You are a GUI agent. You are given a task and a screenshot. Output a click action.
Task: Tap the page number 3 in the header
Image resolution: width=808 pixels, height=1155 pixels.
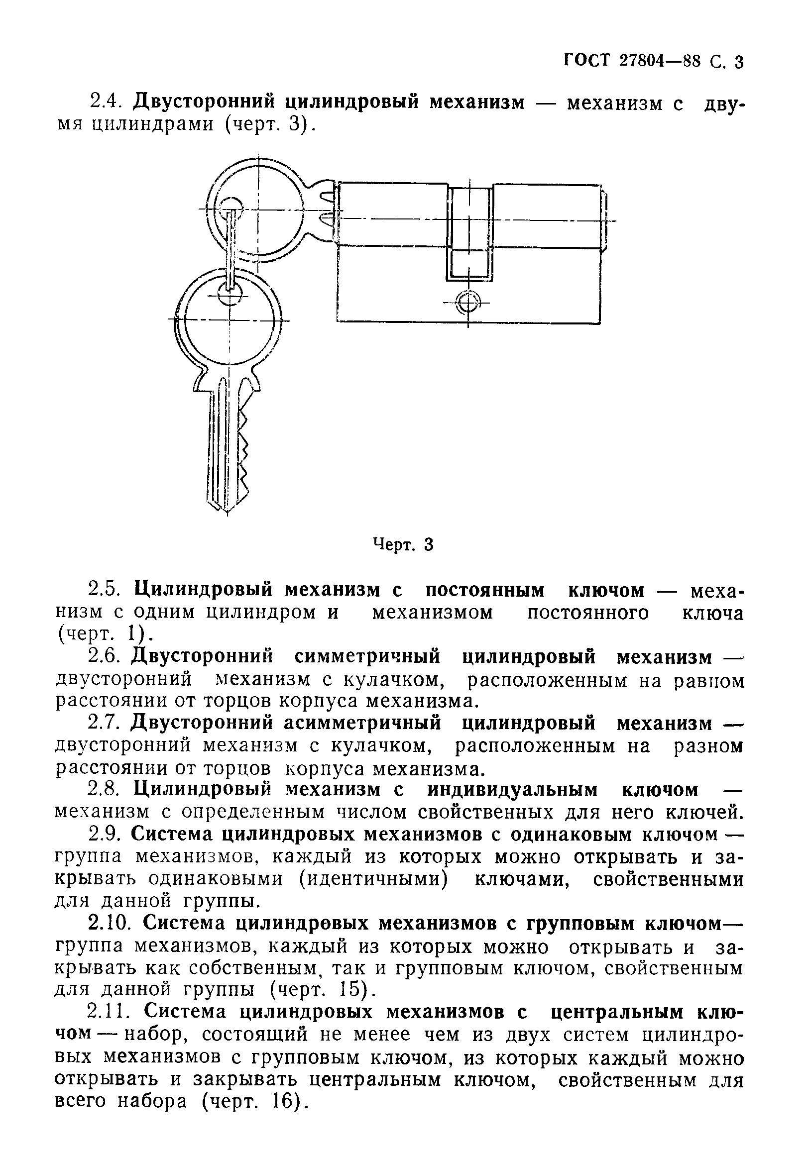pyautogui.click(x=738, y=62)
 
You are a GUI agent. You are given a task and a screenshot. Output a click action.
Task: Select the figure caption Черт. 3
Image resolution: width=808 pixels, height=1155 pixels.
pyautogui.click(x=402, y=544)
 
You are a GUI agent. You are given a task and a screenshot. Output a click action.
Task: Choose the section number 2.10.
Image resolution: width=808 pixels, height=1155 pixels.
pyautogui.click(x=109, y=923)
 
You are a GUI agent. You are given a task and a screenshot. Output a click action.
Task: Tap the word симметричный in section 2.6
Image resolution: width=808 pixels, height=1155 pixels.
pyautogui.click(x=367, y=657)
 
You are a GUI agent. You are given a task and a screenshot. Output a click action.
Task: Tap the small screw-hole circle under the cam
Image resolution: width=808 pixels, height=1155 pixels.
pyautogui.click(x=468, y=303)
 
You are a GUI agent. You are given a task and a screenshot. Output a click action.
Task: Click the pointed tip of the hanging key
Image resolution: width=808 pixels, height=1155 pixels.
pyautogui.click(x=226, y=511)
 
